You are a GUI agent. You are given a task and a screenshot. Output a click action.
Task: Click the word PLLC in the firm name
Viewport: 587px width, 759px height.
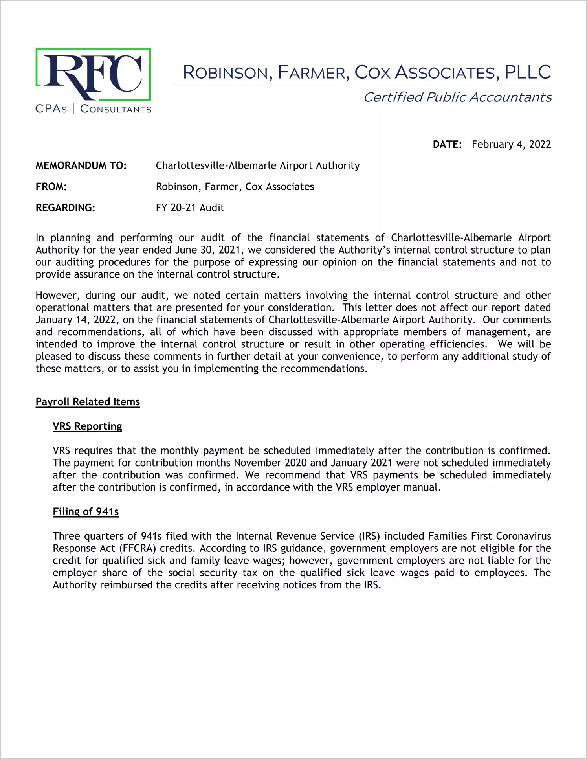(x=527, y=72)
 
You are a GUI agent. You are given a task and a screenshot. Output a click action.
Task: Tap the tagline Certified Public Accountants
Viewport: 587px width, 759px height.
(x=457, y=97)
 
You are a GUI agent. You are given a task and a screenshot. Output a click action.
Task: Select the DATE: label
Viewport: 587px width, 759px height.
(x=447, y=145)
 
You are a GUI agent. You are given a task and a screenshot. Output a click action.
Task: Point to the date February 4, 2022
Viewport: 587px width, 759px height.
(x=511, y=145)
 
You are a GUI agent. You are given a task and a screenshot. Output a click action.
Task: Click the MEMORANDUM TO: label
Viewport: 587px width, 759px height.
(x=81, y=165)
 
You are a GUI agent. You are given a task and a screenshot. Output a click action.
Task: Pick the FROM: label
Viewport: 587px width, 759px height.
(x=51, y=187)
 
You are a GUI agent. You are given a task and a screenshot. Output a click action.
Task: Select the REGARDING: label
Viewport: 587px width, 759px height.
(x=65, y=208)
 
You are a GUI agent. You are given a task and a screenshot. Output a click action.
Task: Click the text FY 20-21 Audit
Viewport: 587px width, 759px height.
(x=190, y=208)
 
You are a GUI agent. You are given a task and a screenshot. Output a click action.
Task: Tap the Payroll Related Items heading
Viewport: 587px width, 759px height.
(x=88, y=402)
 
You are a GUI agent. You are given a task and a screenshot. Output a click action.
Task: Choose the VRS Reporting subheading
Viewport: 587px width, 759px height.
(x=87, y=426)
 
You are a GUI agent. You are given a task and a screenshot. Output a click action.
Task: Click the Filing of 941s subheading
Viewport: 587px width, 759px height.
(x=86, y=511)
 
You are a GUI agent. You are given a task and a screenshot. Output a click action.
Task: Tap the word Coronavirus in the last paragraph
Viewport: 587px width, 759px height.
(x=523, y=536)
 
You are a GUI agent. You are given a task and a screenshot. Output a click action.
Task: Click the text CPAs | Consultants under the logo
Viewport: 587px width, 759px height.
(x=93, y=109)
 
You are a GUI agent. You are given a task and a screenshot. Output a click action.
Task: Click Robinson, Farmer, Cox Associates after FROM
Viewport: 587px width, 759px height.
(x=235, y=187)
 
